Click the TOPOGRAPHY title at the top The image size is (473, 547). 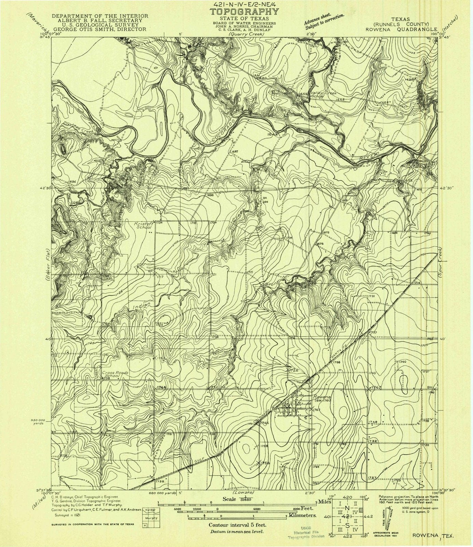244,12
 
